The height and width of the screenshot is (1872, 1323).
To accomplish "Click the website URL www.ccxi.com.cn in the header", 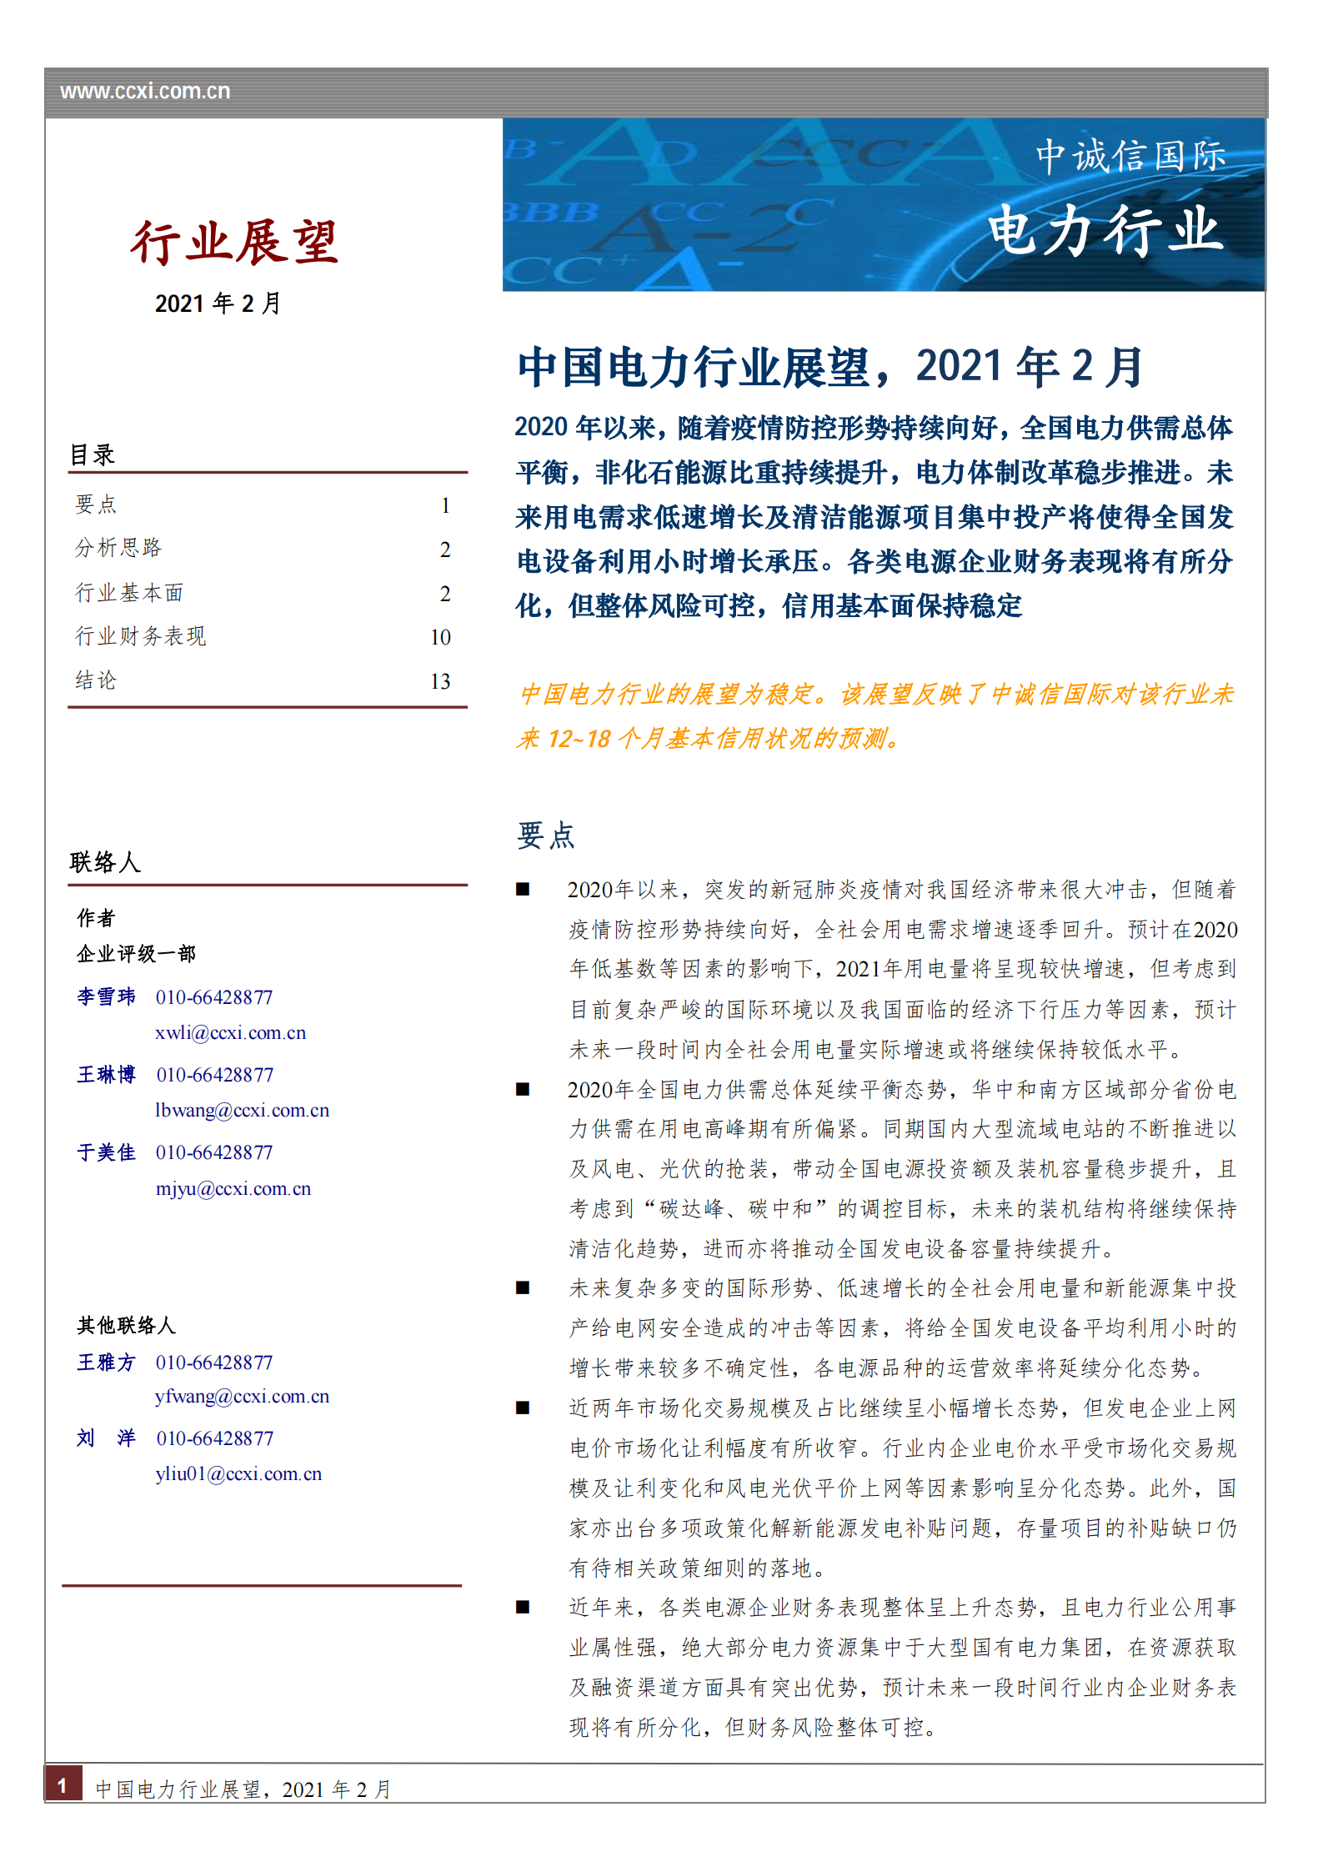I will (x=145, y=92).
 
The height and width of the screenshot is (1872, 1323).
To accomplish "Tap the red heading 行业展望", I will (x=234, y=243).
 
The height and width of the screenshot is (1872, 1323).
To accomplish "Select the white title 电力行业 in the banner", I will (x=1105, y=230).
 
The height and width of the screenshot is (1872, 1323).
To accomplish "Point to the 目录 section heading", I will (x=93, y=455).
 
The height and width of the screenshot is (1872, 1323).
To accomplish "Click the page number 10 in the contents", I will (x=440, y=638).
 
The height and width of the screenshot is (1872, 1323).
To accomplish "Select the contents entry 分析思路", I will (x=118, y=548).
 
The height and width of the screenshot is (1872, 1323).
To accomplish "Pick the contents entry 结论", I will (x=96, y=680).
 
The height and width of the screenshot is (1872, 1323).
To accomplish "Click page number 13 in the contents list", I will (x=440, y=682).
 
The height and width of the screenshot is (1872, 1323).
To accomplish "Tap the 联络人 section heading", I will (x=105, y=862).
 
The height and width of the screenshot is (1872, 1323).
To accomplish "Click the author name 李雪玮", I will (x=106, y=997).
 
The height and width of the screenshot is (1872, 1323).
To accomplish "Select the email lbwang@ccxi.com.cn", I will (x=242, y=1111).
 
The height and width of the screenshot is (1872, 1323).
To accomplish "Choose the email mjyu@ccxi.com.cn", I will (x=233, y=1189).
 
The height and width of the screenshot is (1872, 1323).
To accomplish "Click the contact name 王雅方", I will (x=106, y=1363).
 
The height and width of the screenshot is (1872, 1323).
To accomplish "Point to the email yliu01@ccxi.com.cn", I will (x=238, y=1474).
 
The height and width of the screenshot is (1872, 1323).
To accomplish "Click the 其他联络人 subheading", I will (x=126, y=1326).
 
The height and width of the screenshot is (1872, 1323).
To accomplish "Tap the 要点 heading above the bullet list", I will (x=545, y=836).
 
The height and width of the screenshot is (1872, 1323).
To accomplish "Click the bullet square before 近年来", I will (x=523, y=1607).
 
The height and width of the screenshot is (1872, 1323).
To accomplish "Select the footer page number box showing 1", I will (x=63, y=1784).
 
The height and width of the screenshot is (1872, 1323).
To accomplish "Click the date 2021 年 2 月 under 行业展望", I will (x=218, y=304).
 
